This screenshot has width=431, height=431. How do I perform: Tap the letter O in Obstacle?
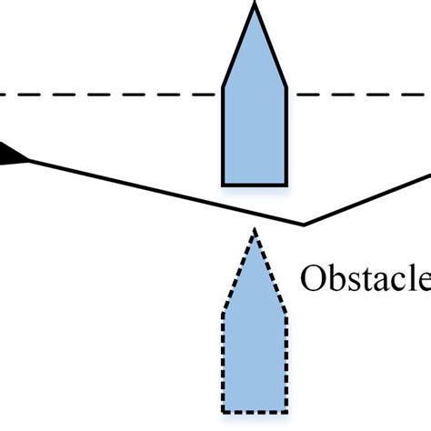click(x=315, y=277)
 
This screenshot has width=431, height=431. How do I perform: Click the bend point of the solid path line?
click(x=304, y=224)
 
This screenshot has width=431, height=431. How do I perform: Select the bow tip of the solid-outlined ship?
click(x=256, y=6)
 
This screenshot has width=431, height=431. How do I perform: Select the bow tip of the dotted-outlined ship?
click(x=256, y=231)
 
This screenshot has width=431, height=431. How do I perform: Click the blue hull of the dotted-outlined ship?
click(x=256, y=355)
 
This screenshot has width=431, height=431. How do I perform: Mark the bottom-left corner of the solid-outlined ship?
click(x=224, y=185)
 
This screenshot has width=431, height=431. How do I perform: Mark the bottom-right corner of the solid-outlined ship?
click(x=287, y=185)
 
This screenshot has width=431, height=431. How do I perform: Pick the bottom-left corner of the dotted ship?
click(x=224, y=412)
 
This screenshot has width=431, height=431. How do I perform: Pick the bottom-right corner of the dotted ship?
click(x=287, y=412)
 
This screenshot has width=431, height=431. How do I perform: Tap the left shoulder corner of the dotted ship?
click(x=224, y=314)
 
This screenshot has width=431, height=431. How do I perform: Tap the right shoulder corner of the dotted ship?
click(x=287, y=314)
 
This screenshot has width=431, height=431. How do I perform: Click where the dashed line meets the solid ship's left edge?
click(x=224, y=94)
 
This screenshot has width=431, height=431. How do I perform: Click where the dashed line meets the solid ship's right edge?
click(x=287, y=94)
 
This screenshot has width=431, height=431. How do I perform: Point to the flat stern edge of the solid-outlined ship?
click(x=256, y=185)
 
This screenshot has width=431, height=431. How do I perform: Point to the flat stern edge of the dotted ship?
click(x=256, y=412)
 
